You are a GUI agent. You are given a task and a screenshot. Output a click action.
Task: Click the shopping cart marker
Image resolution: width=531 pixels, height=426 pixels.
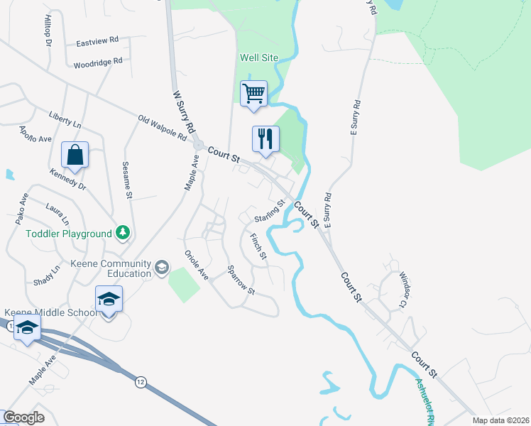coord(253,93)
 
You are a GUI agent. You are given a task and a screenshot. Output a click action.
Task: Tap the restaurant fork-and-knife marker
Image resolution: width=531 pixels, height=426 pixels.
coord(265,138)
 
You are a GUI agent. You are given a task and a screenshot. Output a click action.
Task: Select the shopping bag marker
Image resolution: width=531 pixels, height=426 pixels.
coord(75,153)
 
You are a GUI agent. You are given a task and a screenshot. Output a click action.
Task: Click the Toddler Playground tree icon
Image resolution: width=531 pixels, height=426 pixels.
coord(124,233)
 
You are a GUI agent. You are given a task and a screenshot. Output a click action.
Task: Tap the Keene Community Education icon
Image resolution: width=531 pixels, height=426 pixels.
coord(161,267)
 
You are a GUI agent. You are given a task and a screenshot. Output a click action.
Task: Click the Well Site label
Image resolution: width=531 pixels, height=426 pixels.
coord(259,57)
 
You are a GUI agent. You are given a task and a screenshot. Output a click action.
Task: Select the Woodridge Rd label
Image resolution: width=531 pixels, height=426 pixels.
coord(98,64)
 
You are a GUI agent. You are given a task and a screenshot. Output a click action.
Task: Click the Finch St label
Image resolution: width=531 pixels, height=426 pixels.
coord(258,246)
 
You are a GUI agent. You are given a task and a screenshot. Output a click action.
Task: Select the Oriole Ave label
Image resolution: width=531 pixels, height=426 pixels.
coord(196,265)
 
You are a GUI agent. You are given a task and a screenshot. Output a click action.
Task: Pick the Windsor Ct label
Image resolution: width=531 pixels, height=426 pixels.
coord(402,289)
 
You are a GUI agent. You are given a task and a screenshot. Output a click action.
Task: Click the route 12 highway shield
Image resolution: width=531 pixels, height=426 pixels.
coord(141,383)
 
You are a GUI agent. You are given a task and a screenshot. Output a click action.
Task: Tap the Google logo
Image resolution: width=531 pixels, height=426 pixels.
coord(23,417)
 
